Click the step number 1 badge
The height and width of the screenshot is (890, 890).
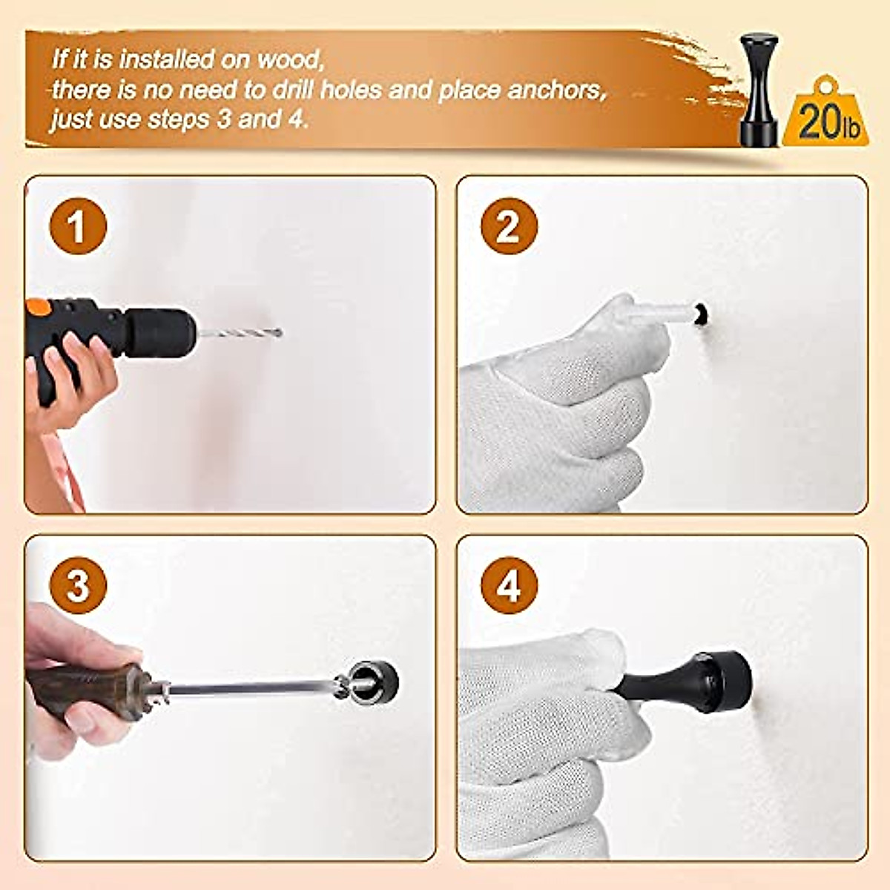tap(78, 226)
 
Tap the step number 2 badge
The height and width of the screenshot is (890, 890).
tap(508, 226)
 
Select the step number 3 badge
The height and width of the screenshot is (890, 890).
tap(78, 585)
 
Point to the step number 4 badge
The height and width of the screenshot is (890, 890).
tap(508, 585)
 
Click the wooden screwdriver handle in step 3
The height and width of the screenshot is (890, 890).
tap(85, 690)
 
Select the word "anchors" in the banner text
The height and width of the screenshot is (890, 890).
tap(556, 90)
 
